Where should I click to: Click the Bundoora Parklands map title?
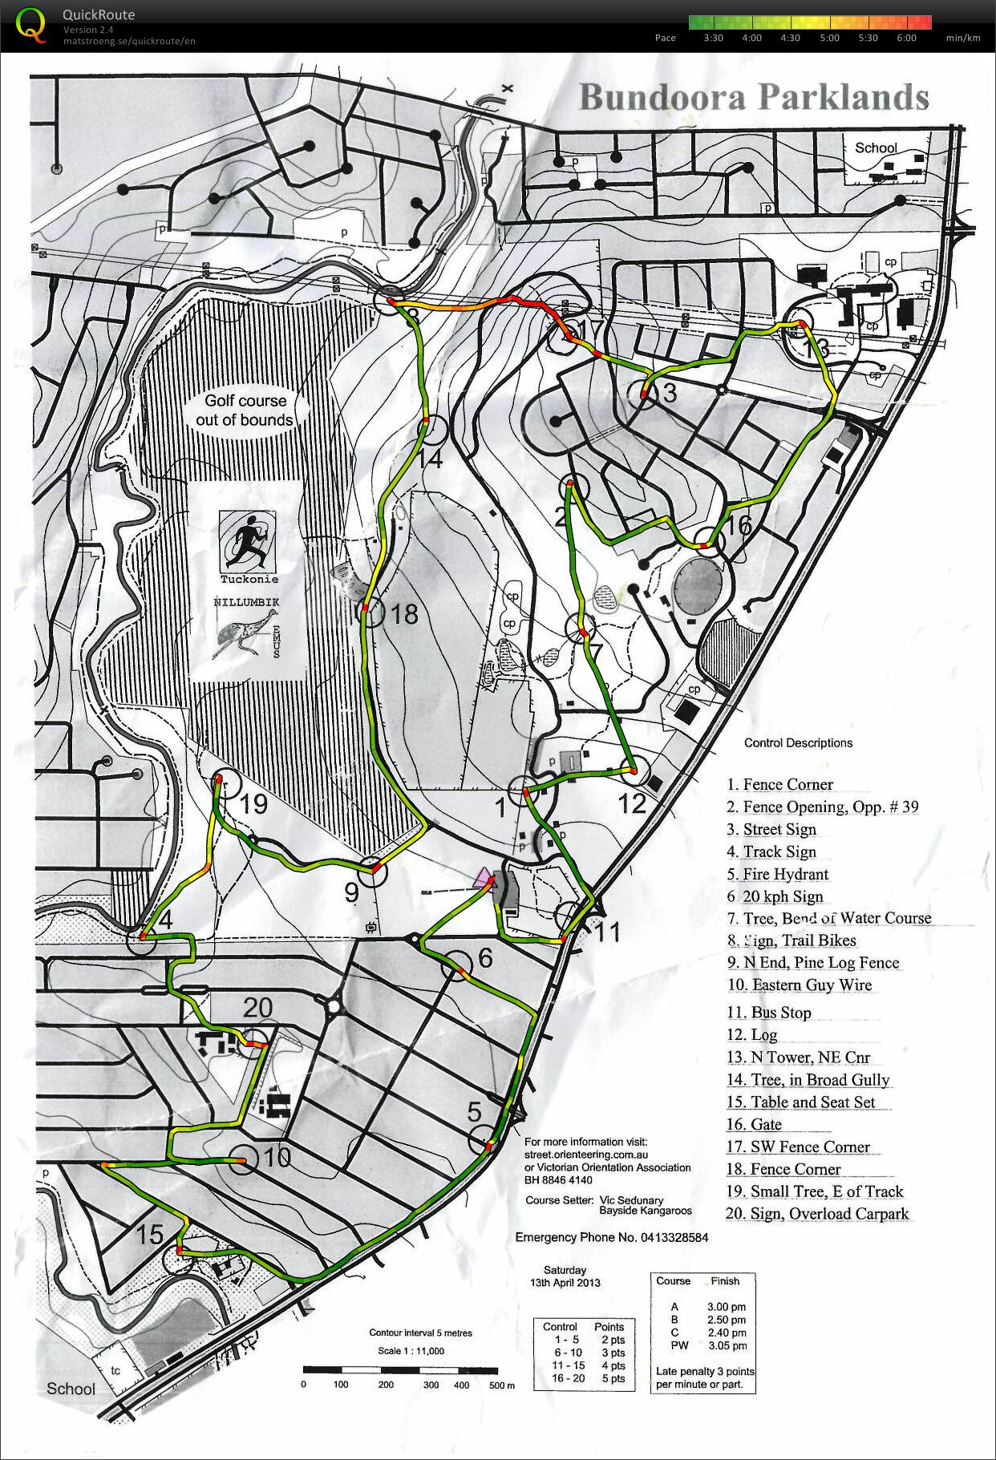point(753,97)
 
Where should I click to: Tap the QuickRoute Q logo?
point(30,24)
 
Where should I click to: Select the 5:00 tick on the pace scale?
point(829,38)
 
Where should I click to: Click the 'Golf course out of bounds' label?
point(245,410)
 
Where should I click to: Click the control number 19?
point(253,803)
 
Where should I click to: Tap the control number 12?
point(632,803)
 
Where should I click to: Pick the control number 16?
point(739,525)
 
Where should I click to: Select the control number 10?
point(277,1157)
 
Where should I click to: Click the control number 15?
point(149,1235)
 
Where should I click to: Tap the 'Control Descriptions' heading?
point(798,742)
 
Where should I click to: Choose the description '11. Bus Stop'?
point(768,1013)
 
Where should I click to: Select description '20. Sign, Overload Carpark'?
point(816,1214)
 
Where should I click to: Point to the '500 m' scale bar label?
point(501,1385)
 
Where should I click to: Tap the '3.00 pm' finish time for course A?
point(726,1307)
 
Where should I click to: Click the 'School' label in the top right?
point(875,148)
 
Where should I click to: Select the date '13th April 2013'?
point(565,1282)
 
